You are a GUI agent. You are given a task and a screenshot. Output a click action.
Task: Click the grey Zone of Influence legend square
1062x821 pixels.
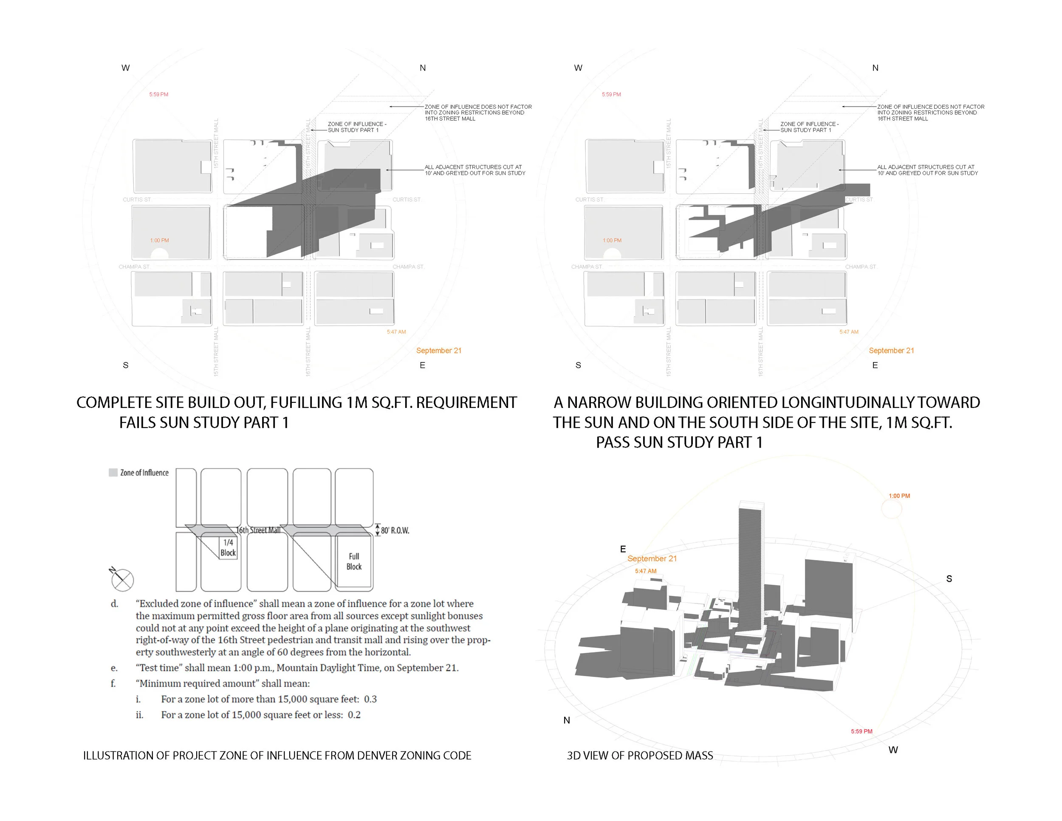pos(113,472)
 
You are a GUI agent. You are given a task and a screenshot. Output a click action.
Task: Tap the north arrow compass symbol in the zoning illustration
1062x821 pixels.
pos(122,580)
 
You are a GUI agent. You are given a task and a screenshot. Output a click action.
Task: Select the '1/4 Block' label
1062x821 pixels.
pos(228,548)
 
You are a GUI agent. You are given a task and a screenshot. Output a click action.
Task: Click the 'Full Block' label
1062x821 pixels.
pos(353,561)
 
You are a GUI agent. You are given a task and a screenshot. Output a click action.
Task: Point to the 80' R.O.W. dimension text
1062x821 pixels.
pos(394,530)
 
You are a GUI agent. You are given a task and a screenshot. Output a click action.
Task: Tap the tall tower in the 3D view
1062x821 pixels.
pos(749,564)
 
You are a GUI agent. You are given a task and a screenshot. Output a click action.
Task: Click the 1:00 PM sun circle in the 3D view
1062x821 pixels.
pos(891,509)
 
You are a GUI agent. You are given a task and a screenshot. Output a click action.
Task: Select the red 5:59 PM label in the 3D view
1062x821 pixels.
pos(861,731)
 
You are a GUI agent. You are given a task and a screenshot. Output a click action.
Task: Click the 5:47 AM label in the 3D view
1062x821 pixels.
pos(645,571)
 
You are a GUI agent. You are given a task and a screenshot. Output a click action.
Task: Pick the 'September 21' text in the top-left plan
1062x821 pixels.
pos(439,351)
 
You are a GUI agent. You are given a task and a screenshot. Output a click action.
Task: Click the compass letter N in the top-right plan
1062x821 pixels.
pos(875,68)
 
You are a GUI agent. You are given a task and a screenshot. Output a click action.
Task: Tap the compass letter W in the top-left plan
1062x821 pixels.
pos(125,68)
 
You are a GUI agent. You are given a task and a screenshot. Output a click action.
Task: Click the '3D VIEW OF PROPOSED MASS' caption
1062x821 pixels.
pos(639,755)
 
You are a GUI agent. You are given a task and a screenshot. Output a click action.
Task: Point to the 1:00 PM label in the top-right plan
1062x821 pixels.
pos(612,240)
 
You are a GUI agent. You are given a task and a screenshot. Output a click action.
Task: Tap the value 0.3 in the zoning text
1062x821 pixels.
pos(370,699)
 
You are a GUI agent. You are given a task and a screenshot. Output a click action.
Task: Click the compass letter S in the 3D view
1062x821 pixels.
pos(949,579)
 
